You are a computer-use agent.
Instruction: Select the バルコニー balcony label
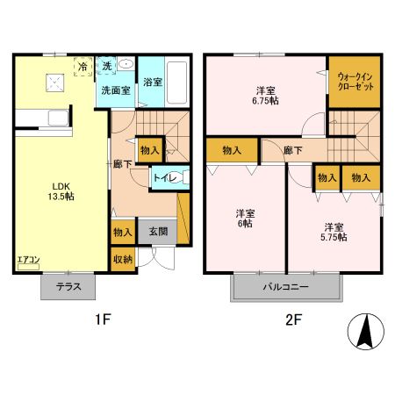(x=285, y=287)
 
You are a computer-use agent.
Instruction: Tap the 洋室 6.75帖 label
(x=264, y=96)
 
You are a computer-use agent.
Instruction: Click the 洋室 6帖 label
(x=245, y=219)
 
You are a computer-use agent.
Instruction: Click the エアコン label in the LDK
(x=27, y=261)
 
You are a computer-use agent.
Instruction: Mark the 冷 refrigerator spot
(x=83, y=66)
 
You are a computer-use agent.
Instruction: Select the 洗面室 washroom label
(x=115, y=90)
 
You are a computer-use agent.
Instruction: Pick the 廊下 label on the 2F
(x=293, y=150)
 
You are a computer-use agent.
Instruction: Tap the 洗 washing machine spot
(x=106, y=66)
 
